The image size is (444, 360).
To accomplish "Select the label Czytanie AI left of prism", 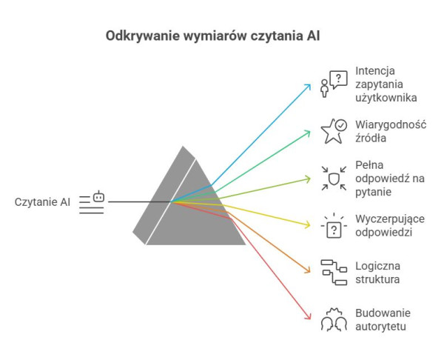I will pyautogui.click(x=42, y=201).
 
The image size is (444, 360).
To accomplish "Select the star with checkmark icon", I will pyautogui.click(x=333, y=131).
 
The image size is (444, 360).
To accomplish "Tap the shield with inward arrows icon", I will pyautogui.click(x=333, y=179).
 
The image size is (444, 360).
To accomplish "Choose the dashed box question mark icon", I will pyautogui.click(x=333, y=225).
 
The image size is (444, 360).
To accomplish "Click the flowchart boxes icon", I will pyautogui.click(x=333, y=272).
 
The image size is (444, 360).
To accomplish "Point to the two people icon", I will pyautogui.click(x=333, y=319).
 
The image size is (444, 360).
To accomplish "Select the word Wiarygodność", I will pyautogui.click(x=391, y=124).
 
